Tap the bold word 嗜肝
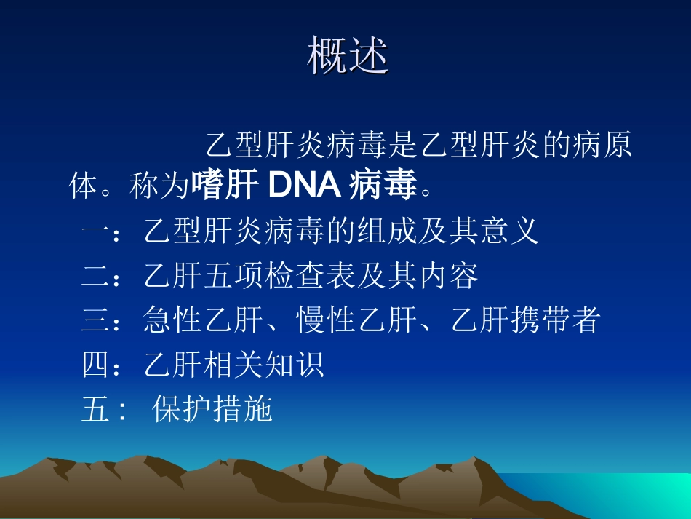tap(225, 186)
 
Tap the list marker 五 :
tap(104, 410)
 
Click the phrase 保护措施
tap(212, 410)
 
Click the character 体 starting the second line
tap(83, 186)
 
